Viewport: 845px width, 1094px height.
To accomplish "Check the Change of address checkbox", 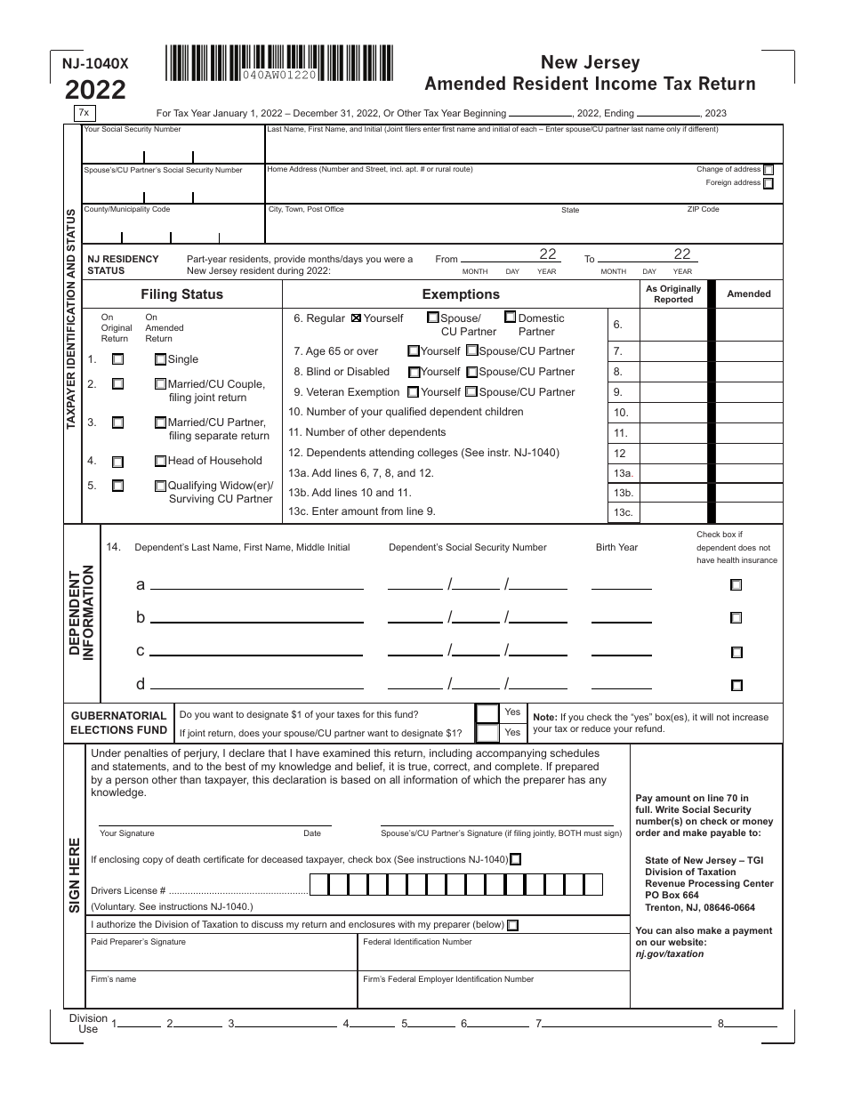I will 769,170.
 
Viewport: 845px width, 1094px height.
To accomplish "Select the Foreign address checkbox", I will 769,184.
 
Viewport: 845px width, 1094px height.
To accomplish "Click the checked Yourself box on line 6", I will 358,318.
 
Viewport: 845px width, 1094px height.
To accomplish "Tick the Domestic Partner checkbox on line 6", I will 510,317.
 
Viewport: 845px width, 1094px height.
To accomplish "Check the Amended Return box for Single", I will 160,360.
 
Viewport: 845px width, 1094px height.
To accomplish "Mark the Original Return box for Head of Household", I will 117,463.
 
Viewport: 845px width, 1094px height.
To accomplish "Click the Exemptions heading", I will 461,294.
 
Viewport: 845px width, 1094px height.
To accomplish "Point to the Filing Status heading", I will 181,294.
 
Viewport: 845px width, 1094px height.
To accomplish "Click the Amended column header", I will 749,294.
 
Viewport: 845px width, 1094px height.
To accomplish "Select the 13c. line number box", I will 622,513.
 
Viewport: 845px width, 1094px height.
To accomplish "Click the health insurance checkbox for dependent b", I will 736,618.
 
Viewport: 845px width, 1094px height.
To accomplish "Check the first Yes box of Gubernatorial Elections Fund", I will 487,713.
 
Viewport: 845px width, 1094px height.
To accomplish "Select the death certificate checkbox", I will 517,859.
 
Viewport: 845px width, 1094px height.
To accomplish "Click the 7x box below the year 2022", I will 84,113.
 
